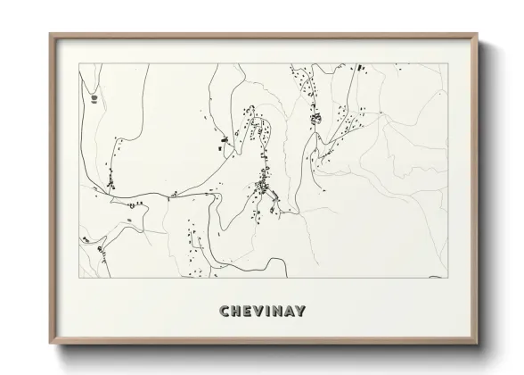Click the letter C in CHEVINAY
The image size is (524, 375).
(x=223, y=312)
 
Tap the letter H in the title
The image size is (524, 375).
(x=235, y=312)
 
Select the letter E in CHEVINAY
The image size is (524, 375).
(x=247, y=312)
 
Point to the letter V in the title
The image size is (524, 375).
(x=258, y=312)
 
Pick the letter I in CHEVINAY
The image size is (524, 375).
(x=268, y=312)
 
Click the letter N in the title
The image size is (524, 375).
(x=277, y=312)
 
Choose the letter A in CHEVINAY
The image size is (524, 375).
(x=290, y=312)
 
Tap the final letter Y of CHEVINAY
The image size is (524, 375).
(x=301, y=312)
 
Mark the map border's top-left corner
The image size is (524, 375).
(x=80, y=63)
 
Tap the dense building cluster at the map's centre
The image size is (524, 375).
(x=265, y=186)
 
